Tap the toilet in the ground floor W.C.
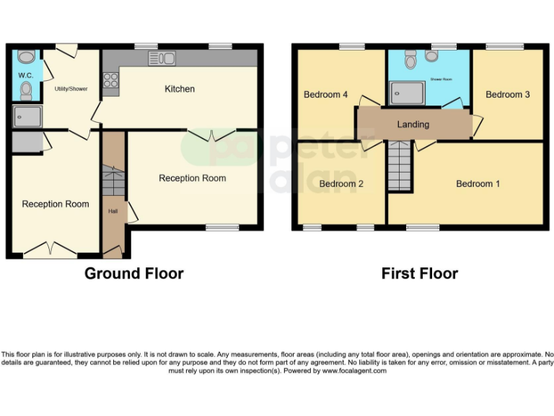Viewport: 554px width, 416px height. (x=27, y=90)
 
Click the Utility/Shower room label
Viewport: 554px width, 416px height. (x=71, y=89)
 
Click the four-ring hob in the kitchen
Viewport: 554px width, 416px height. (x=111, y=80)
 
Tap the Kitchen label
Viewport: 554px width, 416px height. (x=180, y=89)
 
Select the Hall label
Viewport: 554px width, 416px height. (x=113, y=212)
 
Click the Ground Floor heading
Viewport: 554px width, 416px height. (x=134, y=274)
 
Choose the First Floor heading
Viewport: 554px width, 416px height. (x=419, y=274)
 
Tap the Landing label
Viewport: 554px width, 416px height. (x=413, y=124)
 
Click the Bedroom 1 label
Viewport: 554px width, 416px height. (x=478, y=183)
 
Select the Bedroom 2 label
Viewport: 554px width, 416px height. (x=341, y=183)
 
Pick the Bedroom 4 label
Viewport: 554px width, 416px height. (x=325, y=95)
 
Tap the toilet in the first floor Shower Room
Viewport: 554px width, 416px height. (x=411, y=61)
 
